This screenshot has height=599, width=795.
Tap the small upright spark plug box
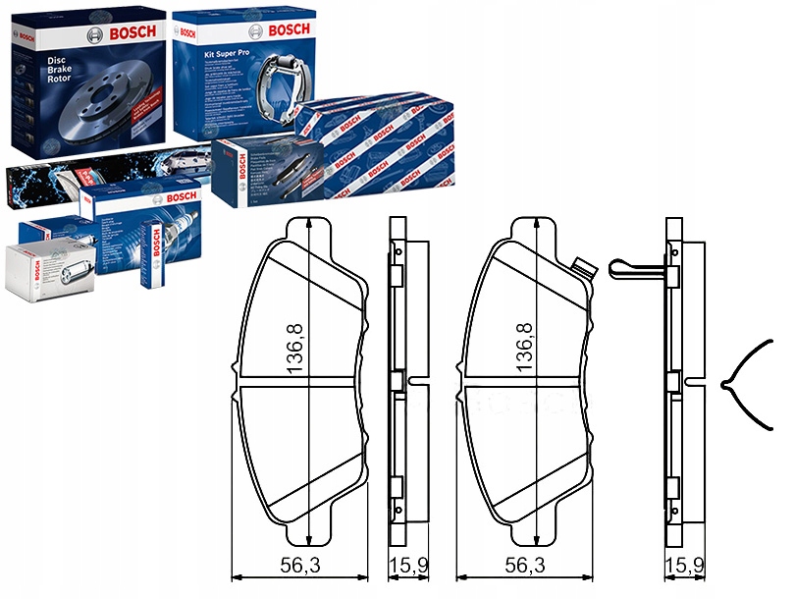[154, 255]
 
